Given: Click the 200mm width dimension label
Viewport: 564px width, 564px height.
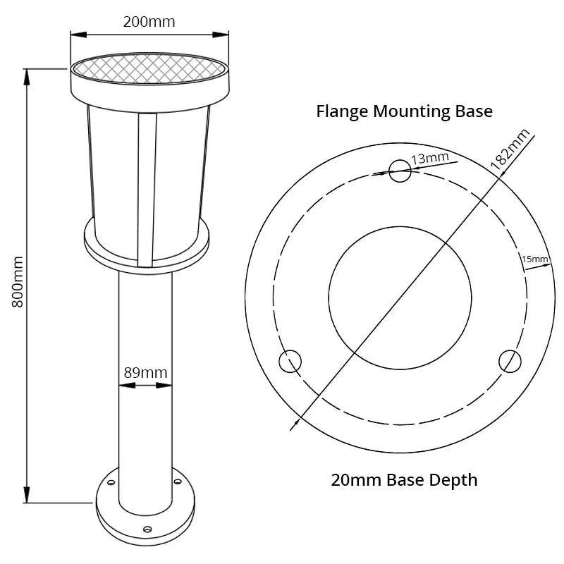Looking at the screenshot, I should (x=149, y=22).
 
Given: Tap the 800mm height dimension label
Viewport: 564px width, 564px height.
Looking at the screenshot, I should (x=18, y=281).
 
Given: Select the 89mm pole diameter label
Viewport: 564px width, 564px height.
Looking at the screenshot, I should (x=145, y=372).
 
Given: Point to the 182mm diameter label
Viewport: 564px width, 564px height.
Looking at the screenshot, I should (x=510, y=147).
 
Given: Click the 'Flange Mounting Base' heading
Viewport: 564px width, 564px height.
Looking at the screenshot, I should (x=404, y=111).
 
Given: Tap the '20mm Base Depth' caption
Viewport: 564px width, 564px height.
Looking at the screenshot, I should (x=404, y=480).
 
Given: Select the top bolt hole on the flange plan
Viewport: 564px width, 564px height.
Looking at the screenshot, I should (x=400, y=170).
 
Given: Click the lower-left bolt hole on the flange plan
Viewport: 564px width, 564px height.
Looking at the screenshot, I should (x=290, y=362).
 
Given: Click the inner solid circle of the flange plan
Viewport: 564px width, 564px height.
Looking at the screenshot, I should (x=400, y=298).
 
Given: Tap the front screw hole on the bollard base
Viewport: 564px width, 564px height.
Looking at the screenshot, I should (x=147, y=529).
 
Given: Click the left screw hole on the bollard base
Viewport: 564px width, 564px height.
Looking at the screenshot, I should (x=111, y=483).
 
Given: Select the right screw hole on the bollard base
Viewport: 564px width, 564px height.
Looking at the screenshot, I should (x=177, y=483).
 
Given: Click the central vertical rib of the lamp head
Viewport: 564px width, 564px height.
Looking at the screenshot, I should (x=146, y=190).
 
